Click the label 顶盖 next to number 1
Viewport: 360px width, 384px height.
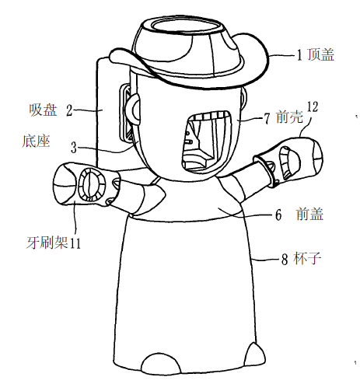320,54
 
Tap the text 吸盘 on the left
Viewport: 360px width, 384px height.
43,110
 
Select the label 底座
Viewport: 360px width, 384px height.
36,141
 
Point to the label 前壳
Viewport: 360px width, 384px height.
289,117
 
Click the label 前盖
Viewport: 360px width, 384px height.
310,215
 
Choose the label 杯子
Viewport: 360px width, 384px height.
307,258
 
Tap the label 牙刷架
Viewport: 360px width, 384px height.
47,243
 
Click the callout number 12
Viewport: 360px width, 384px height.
313,106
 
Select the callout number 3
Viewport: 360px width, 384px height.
74,148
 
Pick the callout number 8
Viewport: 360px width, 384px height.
285,259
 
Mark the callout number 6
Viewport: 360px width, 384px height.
278,215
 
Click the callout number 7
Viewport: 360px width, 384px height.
267,119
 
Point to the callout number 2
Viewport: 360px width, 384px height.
69,110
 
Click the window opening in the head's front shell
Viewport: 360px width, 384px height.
206,141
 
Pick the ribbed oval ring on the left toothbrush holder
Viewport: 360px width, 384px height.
92,184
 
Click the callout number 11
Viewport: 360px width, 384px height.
75,243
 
